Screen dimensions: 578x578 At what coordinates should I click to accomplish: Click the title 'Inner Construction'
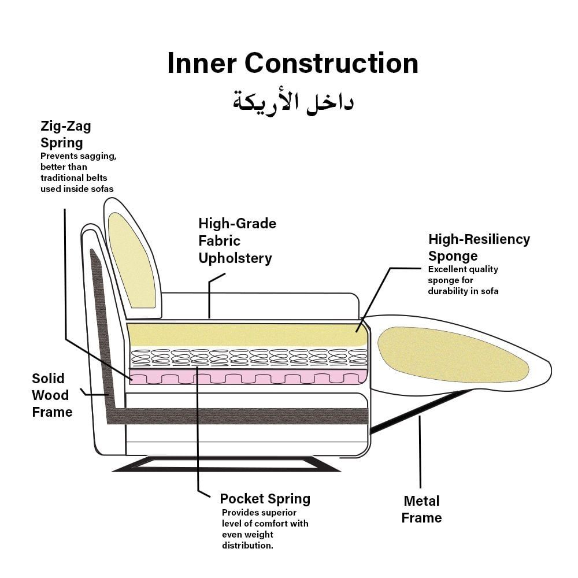[292, 63]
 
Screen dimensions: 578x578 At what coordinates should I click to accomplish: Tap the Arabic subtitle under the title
[293, 101]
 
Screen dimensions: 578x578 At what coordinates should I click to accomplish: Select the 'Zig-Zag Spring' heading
[65, 134]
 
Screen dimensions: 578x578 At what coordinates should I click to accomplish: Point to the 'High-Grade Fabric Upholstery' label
[237, 240]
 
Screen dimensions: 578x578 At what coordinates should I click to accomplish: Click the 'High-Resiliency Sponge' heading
[479, 247]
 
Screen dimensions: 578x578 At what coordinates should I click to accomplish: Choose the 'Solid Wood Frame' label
[52, 395]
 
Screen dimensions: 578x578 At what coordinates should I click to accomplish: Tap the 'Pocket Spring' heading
[265, 499]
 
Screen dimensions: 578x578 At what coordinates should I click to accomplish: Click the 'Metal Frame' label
[421, 509]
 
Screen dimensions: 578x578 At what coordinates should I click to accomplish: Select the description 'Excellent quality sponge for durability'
[462, 280]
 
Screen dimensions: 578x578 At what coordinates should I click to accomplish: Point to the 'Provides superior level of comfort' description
[265, 529]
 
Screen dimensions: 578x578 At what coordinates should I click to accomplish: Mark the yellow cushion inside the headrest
[132, 260]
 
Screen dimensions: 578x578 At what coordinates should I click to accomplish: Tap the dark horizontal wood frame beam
[243, 416]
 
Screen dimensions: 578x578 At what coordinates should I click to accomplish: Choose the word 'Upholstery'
[235, 258]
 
